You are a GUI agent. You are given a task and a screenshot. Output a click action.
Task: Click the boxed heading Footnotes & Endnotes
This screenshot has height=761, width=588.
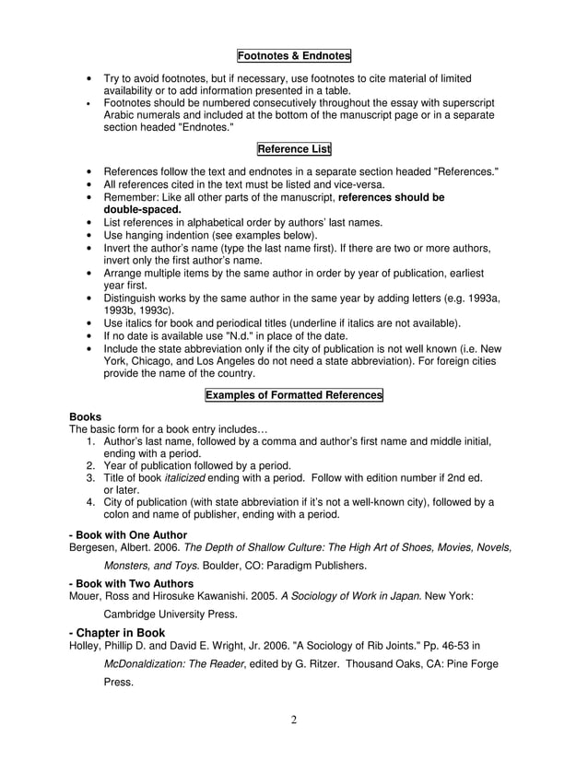[x=294, y=55]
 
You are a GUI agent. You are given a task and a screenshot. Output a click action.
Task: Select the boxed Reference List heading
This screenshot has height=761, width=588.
[x=294, y=149]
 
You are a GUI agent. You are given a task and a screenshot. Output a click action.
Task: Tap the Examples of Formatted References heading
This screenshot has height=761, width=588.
[x=294, y=395]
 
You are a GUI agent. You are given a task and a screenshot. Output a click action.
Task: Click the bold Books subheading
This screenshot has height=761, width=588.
[x=86, y=417]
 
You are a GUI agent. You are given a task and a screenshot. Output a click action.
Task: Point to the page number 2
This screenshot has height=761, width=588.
[x=294, y=720]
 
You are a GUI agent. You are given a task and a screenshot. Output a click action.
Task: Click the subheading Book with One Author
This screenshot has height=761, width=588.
[x=128, y=534]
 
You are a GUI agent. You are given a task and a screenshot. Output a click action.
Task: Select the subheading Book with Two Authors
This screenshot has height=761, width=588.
[x=131, y=583]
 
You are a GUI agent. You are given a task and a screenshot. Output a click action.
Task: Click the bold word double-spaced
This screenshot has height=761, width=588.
[x=142, y=209]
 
